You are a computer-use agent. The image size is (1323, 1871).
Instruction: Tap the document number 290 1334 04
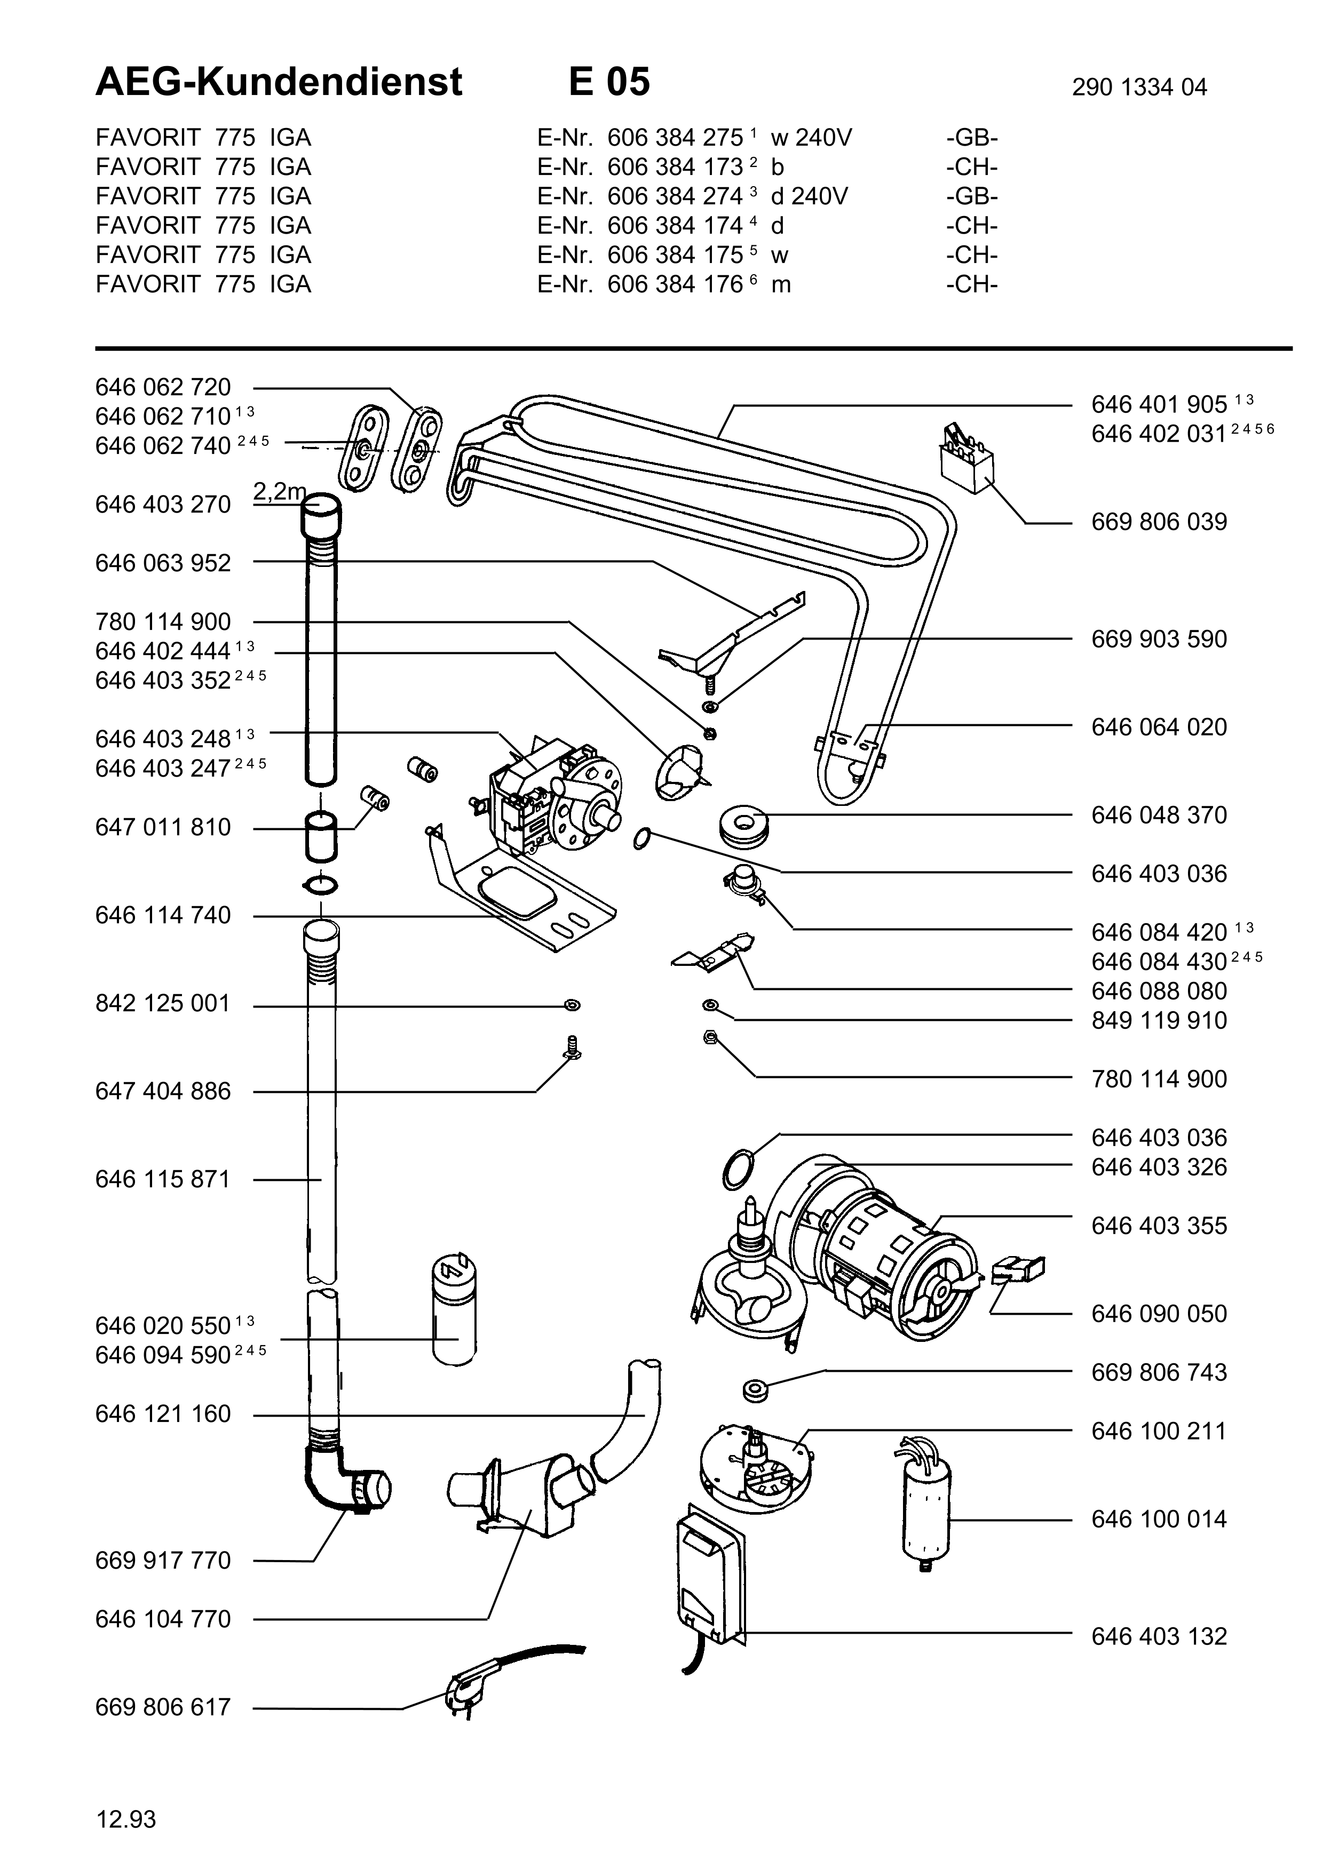click(x=1139, y=87)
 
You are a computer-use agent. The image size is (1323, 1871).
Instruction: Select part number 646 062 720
click(x=163, y=387)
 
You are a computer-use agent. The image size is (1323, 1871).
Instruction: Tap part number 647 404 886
click(x=163, y=1091)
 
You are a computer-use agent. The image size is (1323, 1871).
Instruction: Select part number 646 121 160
click(x=163, y=1414)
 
